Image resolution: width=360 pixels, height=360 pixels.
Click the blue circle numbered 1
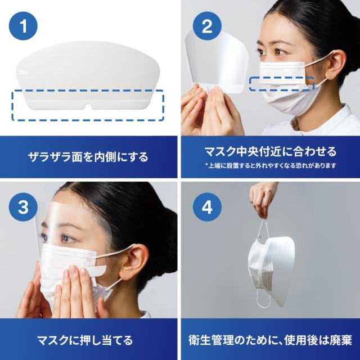[x=23, y=26]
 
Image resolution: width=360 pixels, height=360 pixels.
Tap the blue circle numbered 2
[x=207, y=26]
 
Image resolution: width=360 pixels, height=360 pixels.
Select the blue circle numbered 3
[x=23, y=207]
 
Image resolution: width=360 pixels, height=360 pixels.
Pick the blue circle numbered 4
[x=207, y=207]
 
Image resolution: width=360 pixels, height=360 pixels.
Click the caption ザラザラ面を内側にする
[x=88, y=157]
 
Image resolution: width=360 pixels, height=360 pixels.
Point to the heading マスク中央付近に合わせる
[x=271, y=151]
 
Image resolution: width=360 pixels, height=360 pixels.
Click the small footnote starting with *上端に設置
[x=271, y=165]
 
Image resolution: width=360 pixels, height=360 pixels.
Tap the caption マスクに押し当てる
[x=85, y=340]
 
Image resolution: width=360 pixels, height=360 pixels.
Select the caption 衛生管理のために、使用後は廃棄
[x=270, y=340]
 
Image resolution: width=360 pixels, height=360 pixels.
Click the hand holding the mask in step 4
[x=264, y=199]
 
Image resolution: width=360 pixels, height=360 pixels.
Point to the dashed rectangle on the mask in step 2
[x=282, y=84]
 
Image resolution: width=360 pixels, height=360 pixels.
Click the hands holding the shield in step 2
[x=206, y=110]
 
